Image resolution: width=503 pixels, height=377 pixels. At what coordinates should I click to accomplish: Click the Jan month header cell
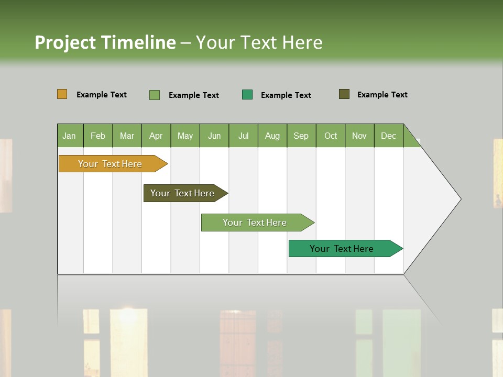70,136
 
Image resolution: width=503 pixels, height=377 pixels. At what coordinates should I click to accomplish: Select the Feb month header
98,136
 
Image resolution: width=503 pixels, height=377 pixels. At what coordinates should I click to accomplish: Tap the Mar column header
127,136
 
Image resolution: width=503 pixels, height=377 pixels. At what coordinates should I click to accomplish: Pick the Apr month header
156,136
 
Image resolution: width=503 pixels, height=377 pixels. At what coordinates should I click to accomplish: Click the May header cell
185,136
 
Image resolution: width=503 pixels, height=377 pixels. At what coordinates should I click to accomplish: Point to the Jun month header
214,136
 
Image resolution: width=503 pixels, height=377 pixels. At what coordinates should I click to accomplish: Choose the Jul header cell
243,136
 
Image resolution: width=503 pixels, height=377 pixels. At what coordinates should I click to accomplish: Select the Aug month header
272,136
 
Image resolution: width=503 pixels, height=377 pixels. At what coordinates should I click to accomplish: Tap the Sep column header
301,136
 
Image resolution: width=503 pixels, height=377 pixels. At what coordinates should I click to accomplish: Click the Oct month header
331,136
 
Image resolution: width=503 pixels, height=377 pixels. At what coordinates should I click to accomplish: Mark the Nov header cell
359,136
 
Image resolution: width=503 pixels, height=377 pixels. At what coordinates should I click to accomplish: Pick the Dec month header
389,136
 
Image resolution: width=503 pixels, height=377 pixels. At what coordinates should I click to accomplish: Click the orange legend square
62,94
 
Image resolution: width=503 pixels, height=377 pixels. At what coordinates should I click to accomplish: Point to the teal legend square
247,95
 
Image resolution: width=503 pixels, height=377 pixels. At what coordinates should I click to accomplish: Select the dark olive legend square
344,94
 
